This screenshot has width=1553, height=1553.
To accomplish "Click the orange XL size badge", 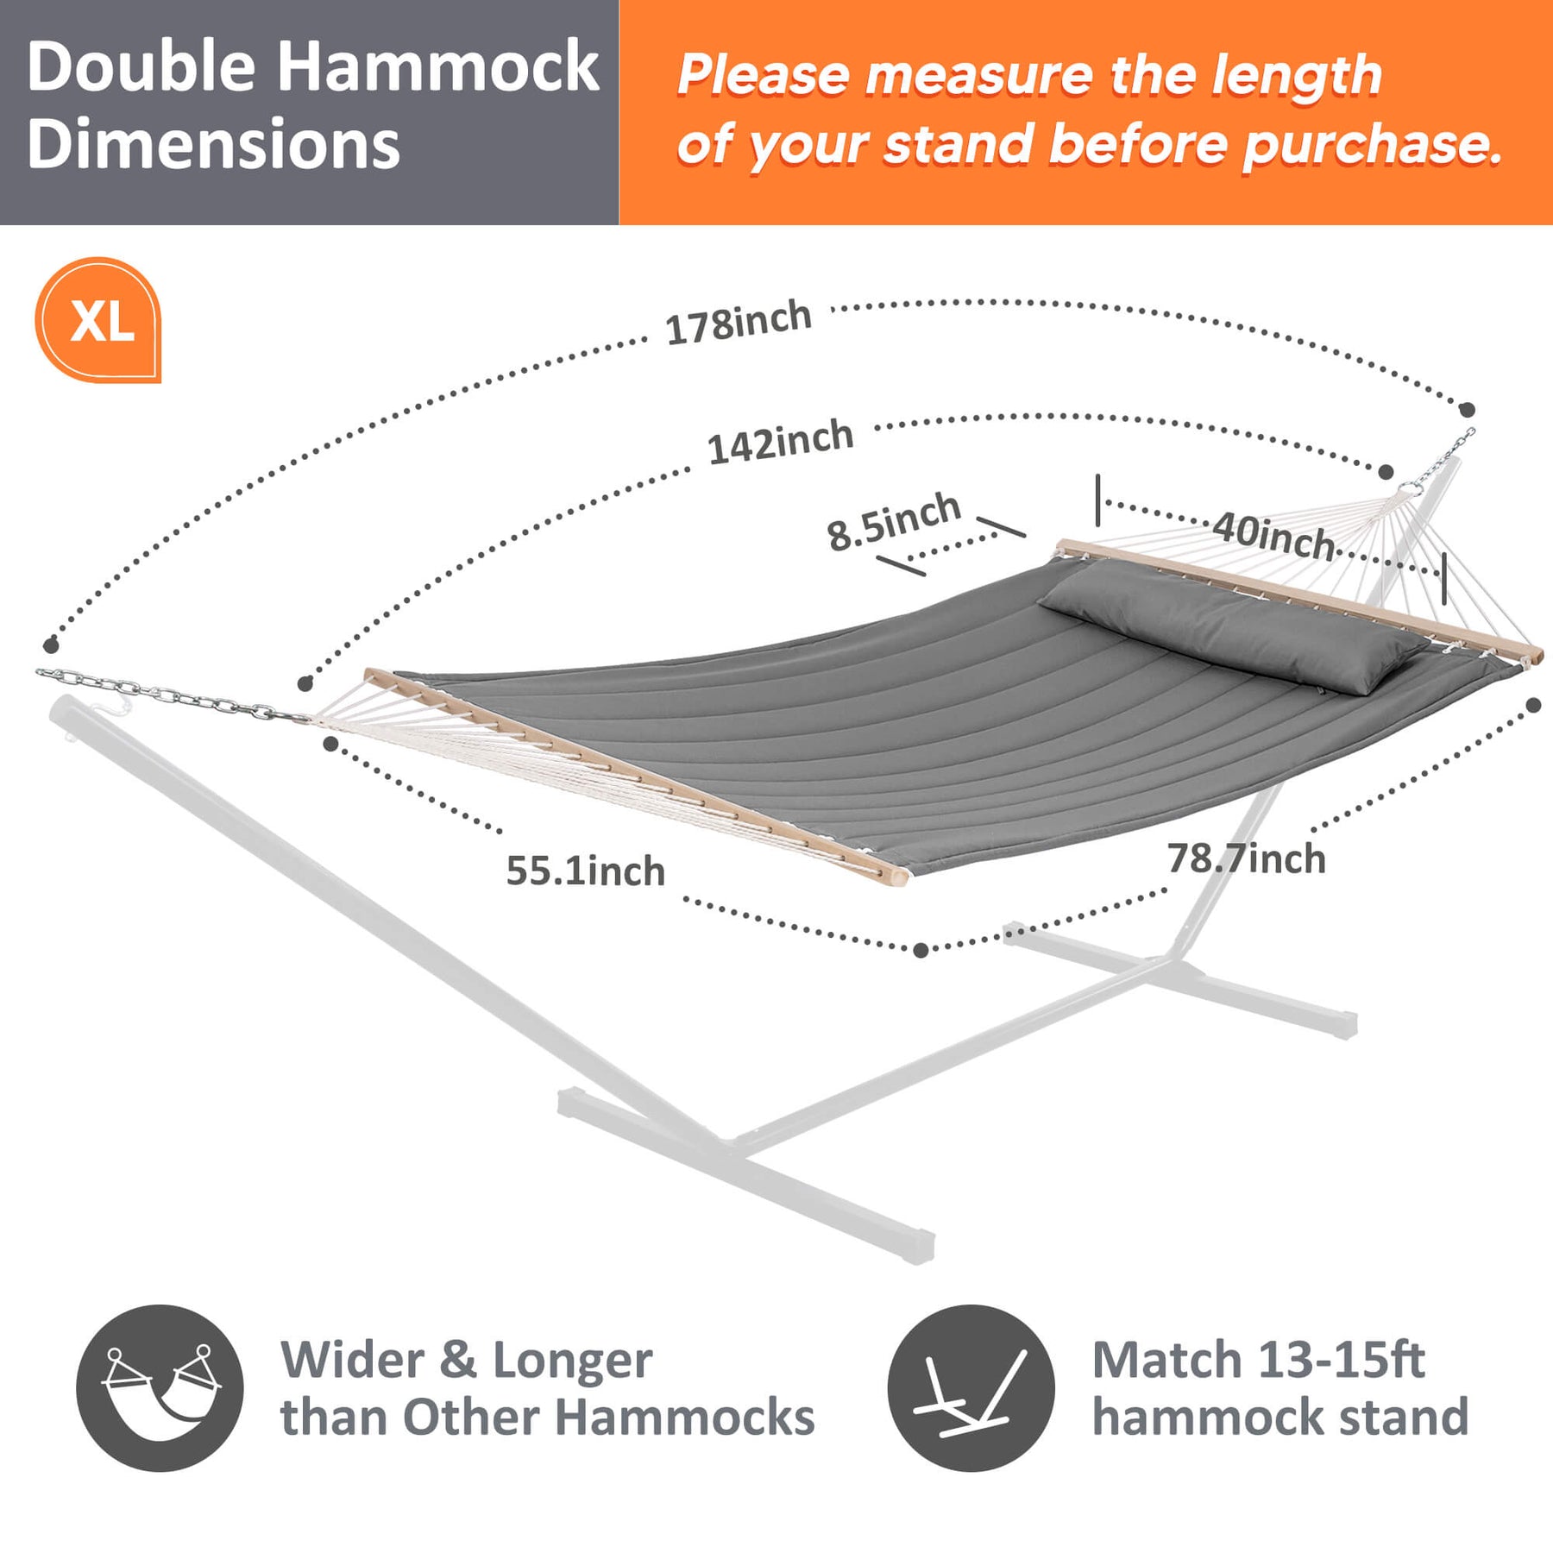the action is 98,319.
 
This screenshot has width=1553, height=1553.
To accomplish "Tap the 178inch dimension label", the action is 739,323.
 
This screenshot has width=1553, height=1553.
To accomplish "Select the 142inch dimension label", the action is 781,442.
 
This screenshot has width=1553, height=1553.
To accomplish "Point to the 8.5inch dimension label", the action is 894,521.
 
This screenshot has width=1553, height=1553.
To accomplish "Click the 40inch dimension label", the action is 1274,536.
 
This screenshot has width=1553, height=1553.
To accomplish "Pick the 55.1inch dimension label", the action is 586,871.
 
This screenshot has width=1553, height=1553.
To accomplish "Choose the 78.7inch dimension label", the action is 1246,858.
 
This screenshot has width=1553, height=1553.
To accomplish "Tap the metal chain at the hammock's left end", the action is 168,695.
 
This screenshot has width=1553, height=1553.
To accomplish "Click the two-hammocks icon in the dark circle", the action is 160,1388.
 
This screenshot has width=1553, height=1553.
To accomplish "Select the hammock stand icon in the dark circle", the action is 971,1388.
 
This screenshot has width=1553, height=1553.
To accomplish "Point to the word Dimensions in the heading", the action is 213,144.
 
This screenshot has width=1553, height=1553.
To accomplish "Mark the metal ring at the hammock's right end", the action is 1411,488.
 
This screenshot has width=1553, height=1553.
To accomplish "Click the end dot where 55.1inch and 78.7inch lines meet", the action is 921,950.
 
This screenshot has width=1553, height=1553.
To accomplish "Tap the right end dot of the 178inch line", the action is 1468,410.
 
